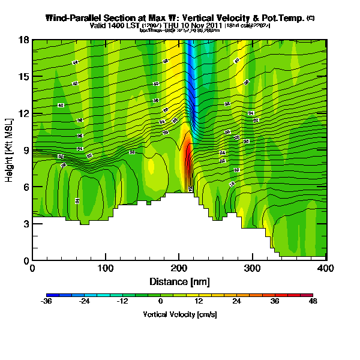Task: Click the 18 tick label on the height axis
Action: click(x=23, y=40)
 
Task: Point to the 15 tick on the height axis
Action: click(x=23, y=77)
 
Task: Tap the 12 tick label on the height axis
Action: click(x=23, y=113)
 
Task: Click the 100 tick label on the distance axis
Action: click(x=106, y=268)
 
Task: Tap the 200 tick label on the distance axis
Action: click(x=179, y=268)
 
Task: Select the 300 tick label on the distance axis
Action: click(x=253, y=268)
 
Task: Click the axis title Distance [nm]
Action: click(x=179, y=281)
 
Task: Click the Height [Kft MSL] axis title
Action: click(x=10, y=150)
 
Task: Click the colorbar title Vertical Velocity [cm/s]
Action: click(x=179, y=314)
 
